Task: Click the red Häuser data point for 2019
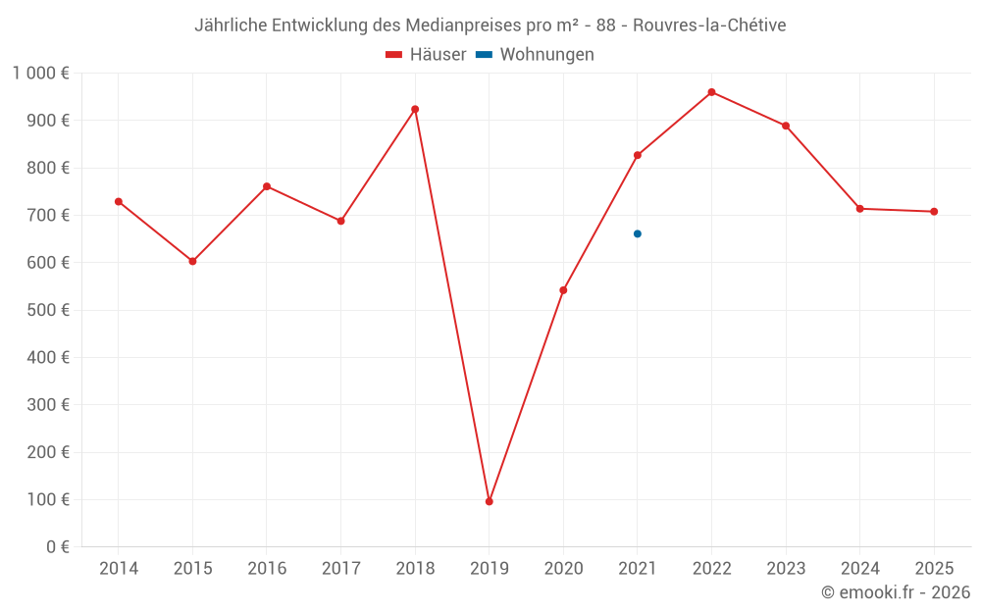(x=490, y=501)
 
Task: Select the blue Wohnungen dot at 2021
(x=638, y=233)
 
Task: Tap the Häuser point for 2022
(x=711, y=92)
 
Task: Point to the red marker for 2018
(x=415, y=109)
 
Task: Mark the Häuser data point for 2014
(x=119, y=201)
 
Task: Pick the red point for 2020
(x=563, y=290)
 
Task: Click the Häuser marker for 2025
(x=934, y=212)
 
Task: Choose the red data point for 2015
(x=192, y=261)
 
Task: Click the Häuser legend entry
(x=426, y=55)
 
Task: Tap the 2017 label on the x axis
(x=340, y=568)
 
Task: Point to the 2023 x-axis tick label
(x=786, y=568)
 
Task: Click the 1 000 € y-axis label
(x=40, y=73)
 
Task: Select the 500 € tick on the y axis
(x=50, y=310)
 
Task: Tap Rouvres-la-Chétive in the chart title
(x=709, y=26)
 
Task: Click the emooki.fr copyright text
(x=896, y=592)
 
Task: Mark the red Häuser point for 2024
(x=860, y=209)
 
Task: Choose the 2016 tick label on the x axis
(x=267, y=568)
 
